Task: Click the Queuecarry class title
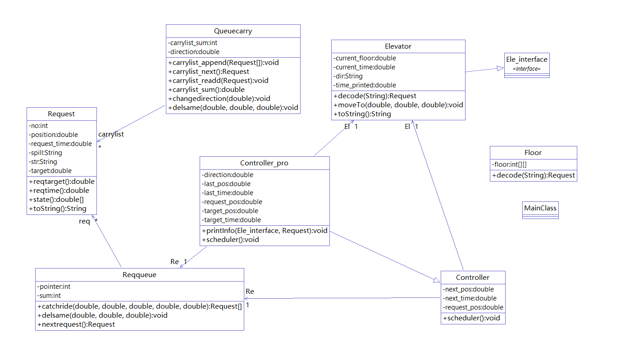coord(233,31)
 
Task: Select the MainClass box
coord(540,209)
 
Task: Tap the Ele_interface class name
coord(526,59)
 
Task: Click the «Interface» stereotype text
coord(526,69)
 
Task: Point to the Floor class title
coord(533,153)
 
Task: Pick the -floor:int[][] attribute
coord(509,165)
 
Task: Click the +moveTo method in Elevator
coord(398,105)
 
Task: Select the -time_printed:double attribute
coord(365,85)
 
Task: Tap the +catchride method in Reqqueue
coord(140,306)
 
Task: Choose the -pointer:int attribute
coord(54,287)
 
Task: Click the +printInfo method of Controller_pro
coord(264,231)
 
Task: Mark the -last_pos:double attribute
coord(226,184)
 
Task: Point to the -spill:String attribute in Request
coord(46,153)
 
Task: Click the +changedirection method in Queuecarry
coord(219,99)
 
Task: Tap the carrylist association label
coord(111,134)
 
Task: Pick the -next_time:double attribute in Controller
coord(470,298)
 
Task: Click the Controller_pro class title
coord(264,163)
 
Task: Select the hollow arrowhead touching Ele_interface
coord(500,68)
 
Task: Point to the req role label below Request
coord(84,221)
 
